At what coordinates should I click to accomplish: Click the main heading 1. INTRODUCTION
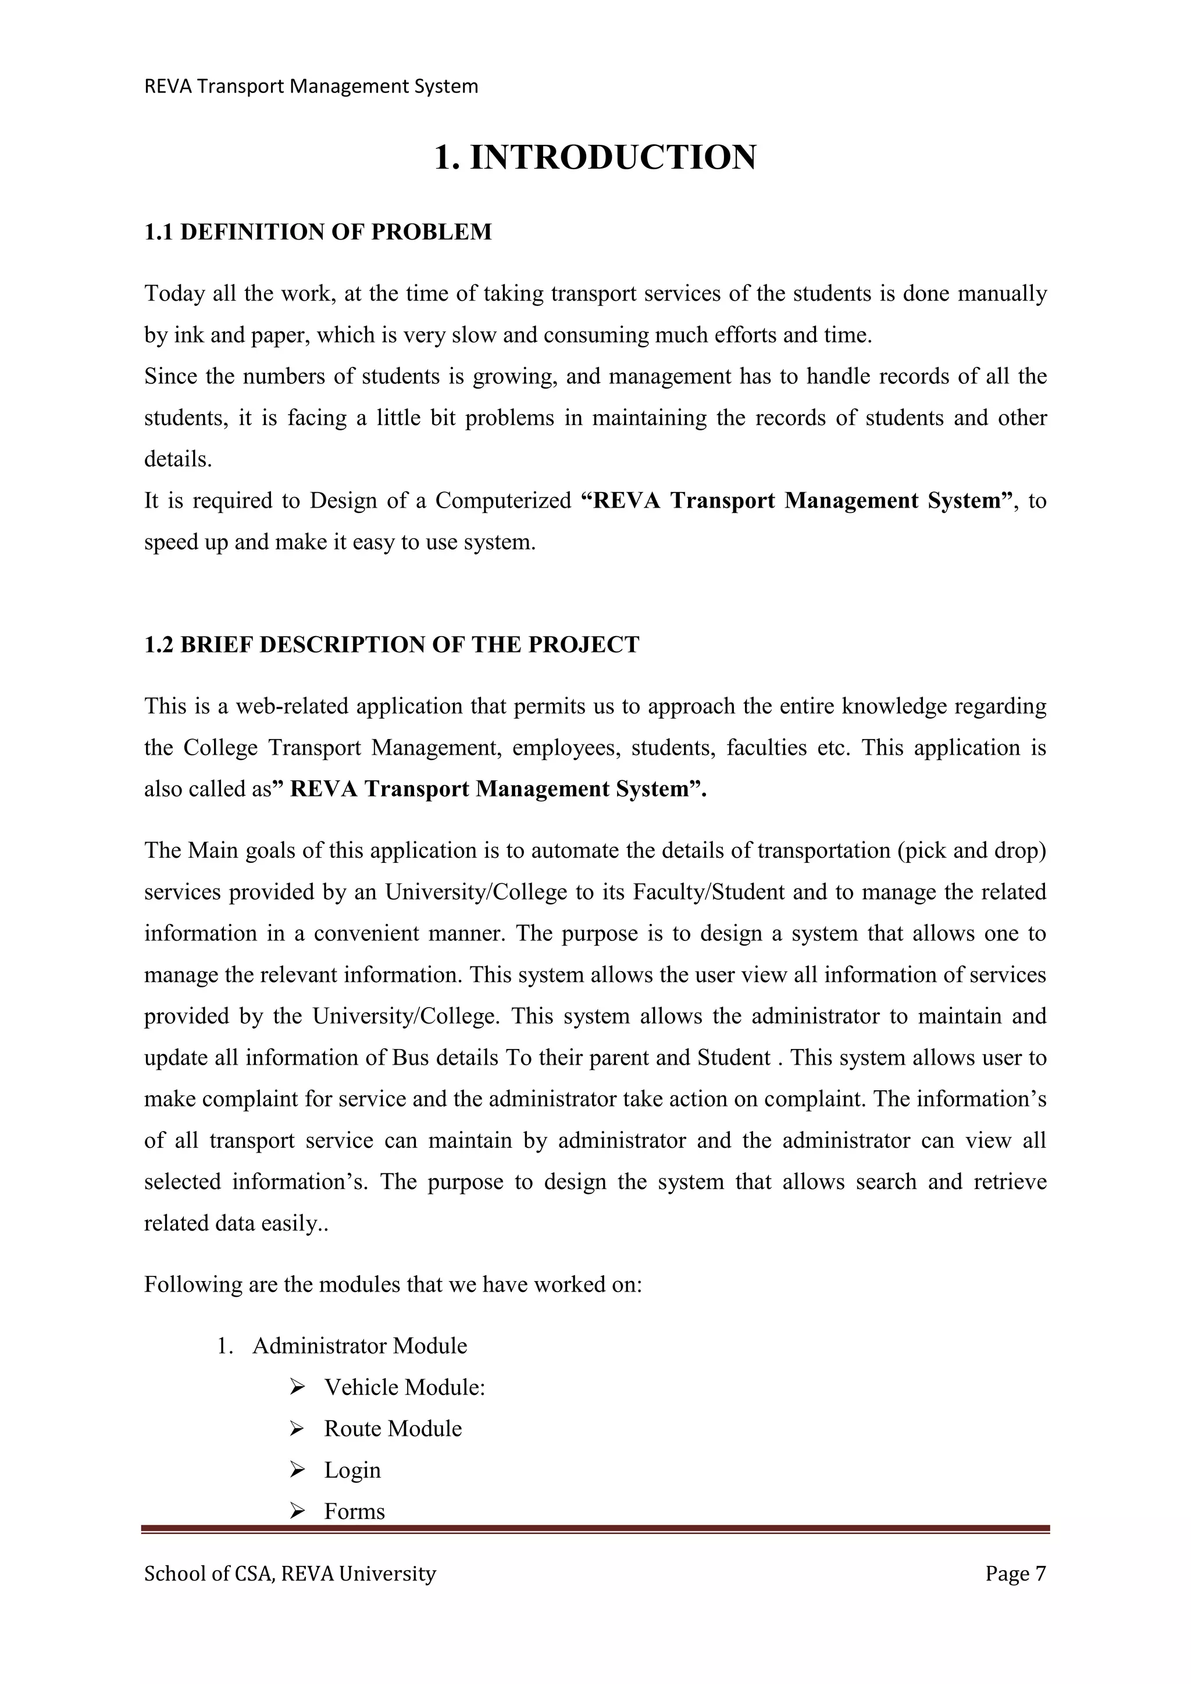(595, 158)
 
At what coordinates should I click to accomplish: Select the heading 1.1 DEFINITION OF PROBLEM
(318, 232)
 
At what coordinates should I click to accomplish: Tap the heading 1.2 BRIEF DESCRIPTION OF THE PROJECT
(391, 645)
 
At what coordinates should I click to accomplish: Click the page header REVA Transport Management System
(311, 87)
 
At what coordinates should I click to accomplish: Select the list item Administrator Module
(359, 1346)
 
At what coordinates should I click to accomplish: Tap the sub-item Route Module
(393, 1429)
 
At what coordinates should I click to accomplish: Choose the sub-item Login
(353, 1470)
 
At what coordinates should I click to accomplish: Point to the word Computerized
(503, 501)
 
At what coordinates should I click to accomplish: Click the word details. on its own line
(178, 460)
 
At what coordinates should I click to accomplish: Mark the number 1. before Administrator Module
(224, 1347)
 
